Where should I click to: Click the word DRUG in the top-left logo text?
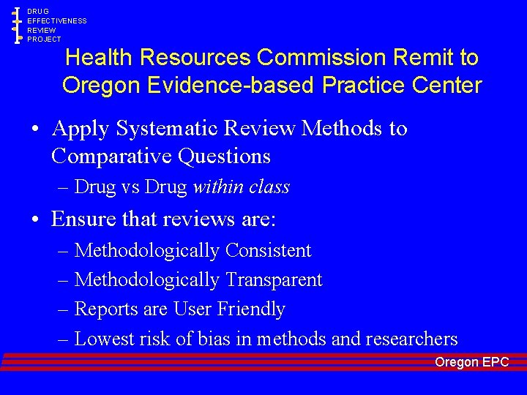click(38, 12)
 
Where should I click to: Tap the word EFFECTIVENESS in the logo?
click(57, 21)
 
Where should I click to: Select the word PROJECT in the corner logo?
click(45, 39)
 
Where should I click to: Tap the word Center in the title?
click(447, 85)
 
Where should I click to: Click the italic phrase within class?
click(241, 187)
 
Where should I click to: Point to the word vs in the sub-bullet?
click(130, 187)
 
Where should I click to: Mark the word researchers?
click(412, 339)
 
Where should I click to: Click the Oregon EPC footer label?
click(471, 362)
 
